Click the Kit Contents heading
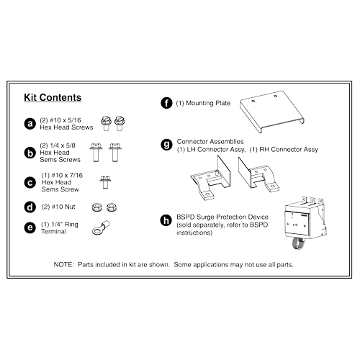pos(52,97)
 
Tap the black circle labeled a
pos(30,123)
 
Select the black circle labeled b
pos(30,153)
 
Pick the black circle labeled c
pos(30,182)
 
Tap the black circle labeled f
pos(166,104)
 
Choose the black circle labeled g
pos(166,145)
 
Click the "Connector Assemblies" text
pos(209,141)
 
